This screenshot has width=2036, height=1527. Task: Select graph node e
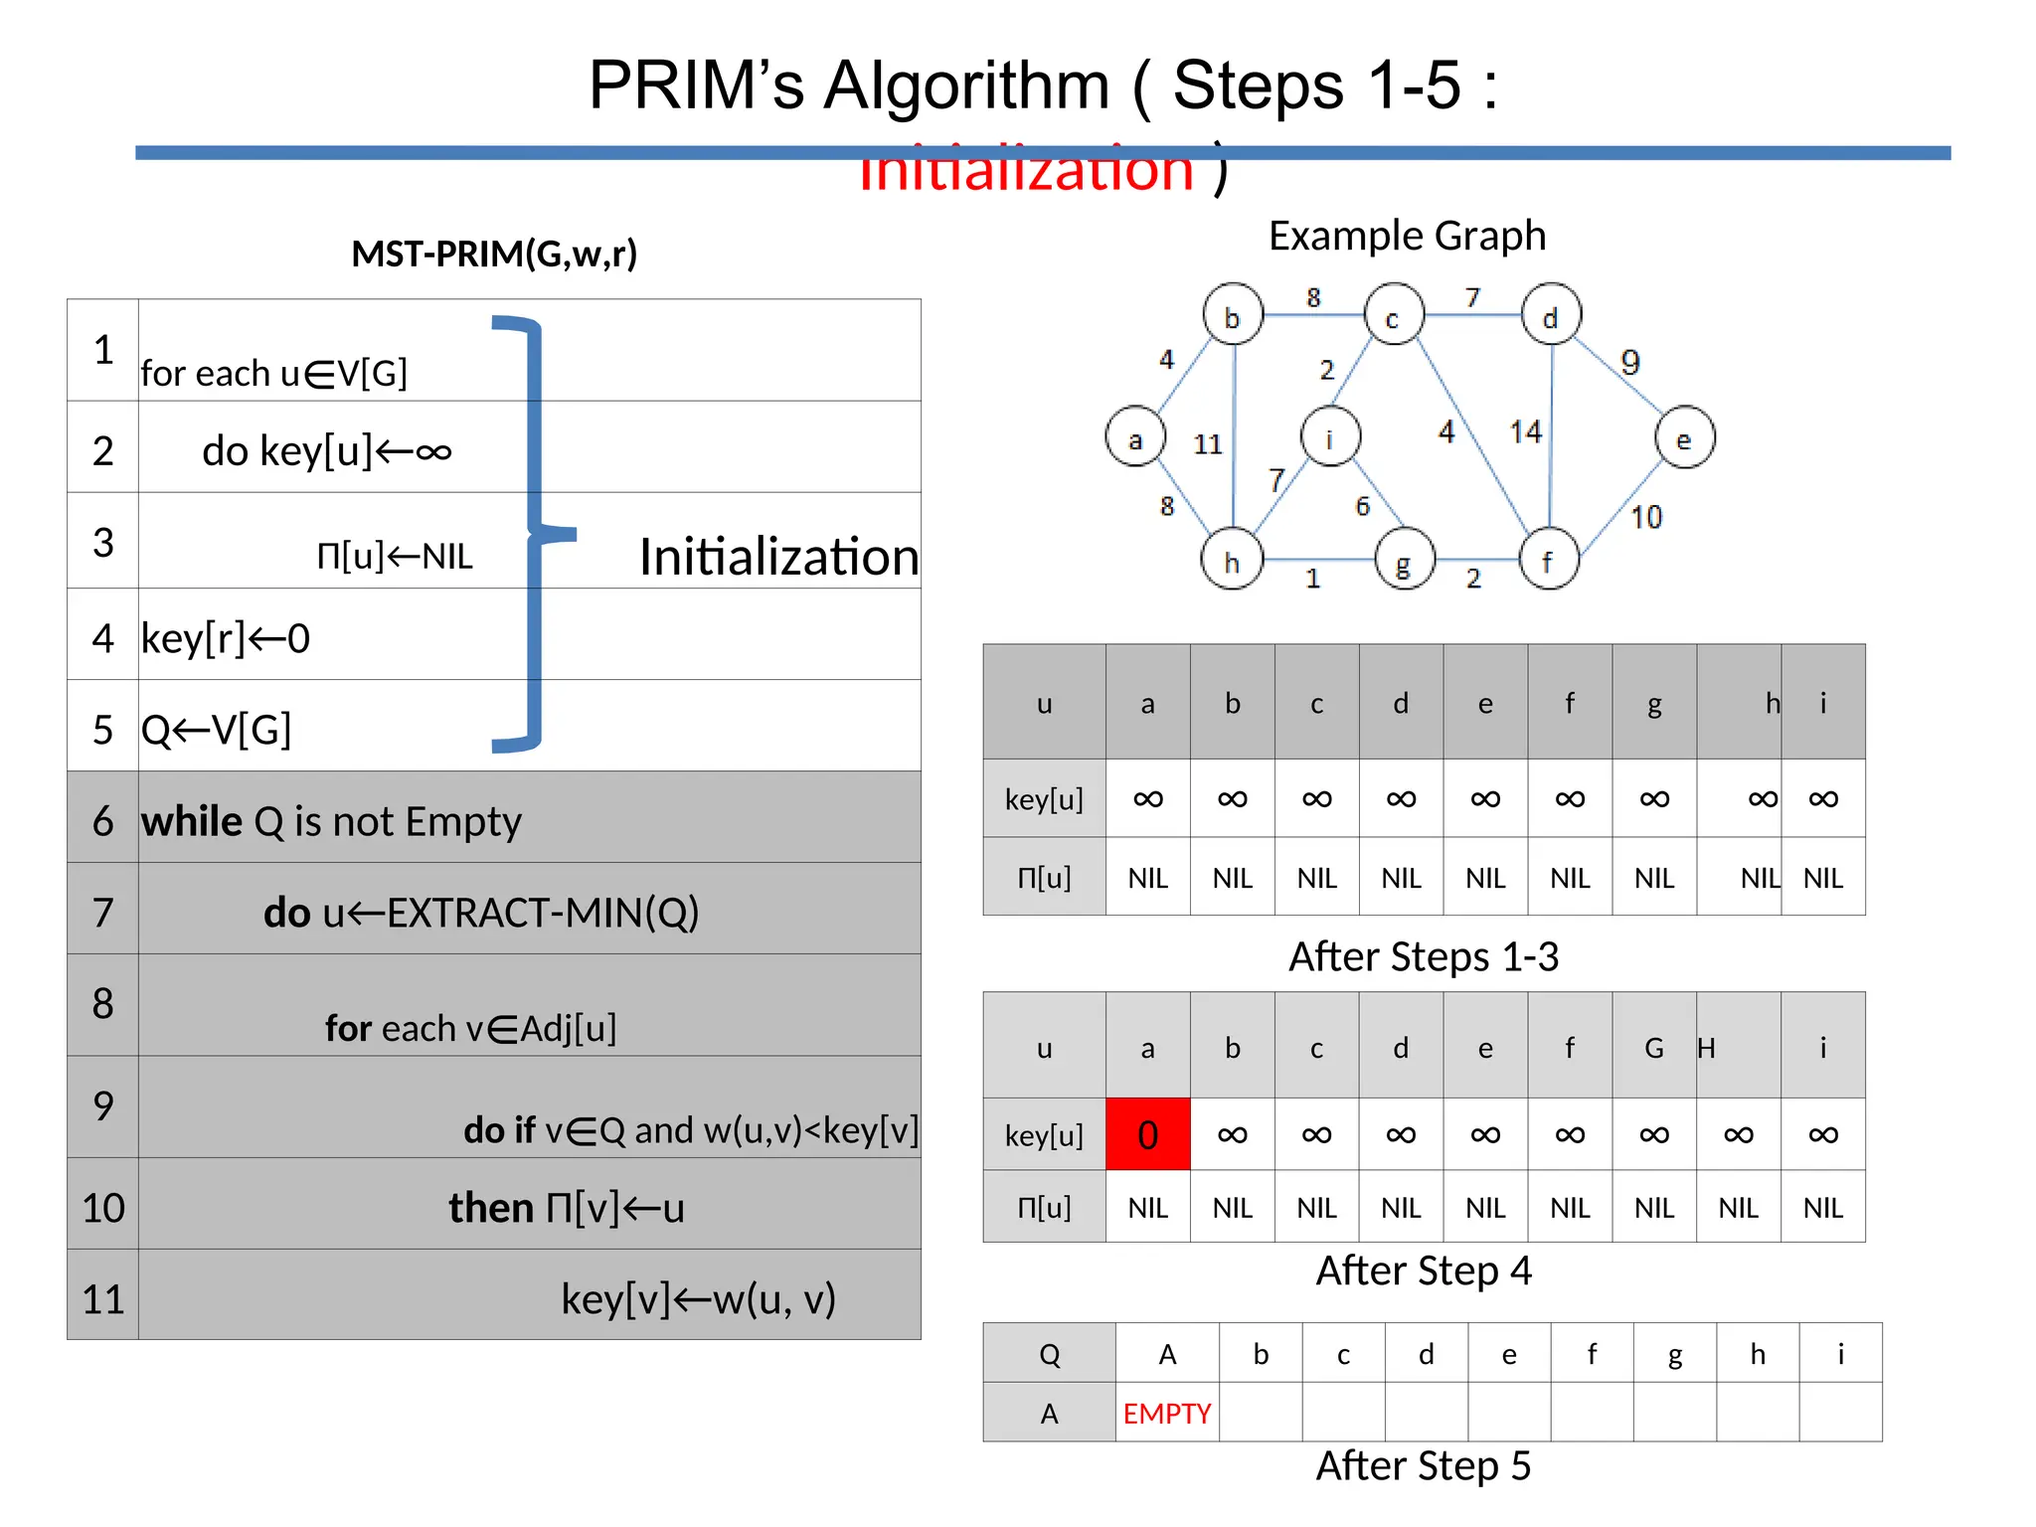[x=1684, y=437]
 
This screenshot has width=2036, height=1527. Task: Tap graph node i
[x=1330, y=435]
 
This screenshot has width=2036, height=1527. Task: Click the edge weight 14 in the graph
[x=1525, y=431]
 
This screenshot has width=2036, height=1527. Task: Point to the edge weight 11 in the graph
[x=1207, y=443]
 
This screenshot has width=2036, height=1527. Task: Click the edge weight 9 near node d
[x=1629, y=362]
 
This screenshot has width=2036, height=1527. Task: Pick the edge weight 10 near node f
[x=1645, y=517]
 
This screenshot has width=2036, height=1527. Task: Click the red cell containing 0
[x=1147, y=1134]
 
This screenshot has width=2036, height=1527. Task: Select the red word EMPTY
[x=1166, y=1413]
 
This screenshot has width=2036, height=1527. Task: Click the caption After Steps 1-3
[x=1423, y=956]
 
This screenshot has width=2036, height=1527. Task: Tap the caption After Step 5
[x=1423, y=1465]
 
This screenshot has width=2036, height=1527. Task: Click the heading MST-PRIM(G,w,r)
[x=494, y=254]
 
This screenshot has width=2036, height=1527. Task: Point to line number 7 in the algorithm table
[x=102, y=912]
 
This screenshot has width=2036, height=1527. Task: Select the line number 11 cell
[x=102, y=1298]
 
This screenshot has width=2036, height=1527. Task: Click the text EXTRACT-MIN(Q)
[x=542, y=912]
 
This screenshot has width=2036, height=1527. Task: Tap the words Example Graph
[x=1407, y=236]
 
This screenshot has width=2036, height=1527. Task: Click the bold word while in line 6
[x=191, y=821]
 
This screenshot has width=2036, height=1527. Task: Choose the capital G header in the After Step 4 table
[x=1653, y=1048]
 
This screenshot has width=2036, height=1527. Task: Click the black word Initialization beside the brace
[x=778, y=556]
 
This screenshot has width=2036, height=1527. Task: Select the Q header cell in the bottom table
[x=1049, y=1354]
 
